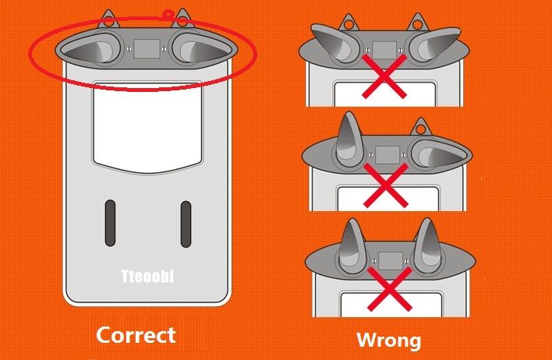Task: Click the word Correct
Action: [x=136, y=335]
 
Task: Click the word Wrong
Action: [x=388, y=341]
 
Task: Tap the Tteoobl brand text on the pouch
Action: [x=147, y=277]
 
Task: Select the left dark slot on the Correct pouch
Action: [x=110, y=223]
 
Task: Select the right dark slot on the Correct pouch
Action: [x=186, y=224]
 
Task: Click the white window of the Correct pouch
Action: [x=148, y=127]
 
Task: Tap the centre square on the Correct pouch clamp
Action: [x=147, y=48]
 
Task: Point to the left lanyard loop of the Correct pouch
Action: [x=109, y=19]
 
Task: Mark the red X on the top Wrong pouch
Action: [x=384, y=76]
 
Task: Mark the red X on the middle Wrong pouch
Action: [x=386, y=185]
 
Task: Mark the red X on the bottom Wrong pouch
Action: [x=390, y=289]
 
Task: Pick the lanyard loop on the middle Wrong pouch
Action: [x=420, y=127]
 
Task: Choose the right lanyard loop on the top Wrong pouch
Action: [x=418, y=22]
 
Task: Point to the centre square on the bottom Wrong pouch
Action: [x=391, y=261]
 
